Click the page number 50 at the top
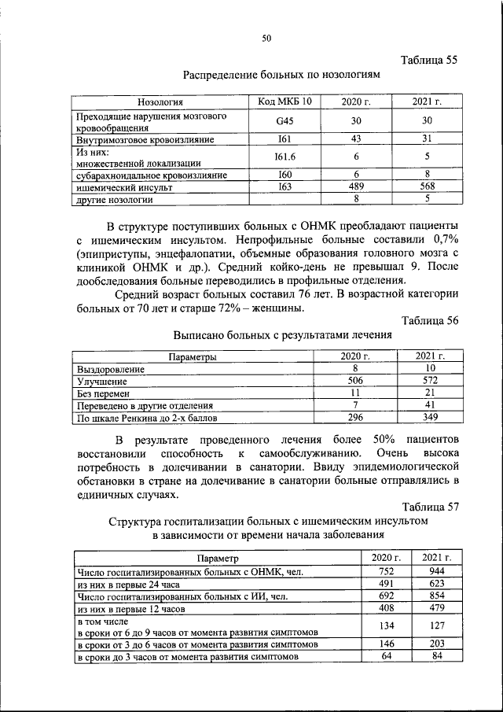(x=266, y=38)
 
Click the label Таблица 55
(x=428, y=60)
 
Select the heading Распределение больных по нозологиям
(x=281, y=76)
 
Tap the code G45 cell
(x=284, y=121)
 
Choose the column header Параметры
(x=192, y=356)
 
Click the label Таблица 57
(x=428, y=505)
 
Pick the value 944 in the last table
(x=431, y=570)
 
